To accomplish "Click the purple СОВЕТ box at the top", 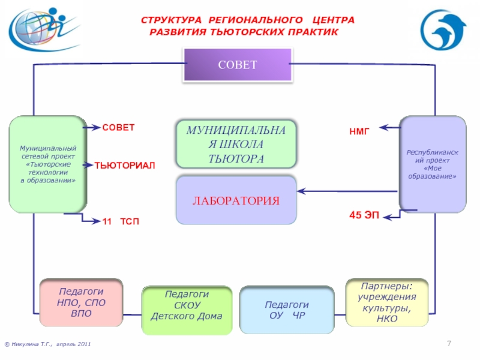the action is [238, 65].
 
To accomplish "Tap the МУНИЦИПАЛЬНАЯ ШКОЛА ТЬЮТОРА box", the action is [236, 144].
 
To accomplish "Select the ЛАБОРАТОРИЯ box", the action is [236, 200].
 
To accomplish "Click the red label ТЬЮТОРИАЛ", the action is [125, 166].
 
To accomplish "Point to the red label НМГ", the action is [359, 131].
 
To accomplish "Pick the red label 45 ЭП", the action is [364, 215].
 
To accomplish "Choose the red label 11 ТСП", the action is [121, 221].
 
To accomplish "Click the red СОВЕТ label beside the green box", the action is [118, 127].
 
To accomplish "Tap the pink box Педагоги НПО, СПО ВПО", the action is [81, 302].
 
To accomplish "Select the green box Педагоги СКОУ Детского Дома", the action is [187, 310].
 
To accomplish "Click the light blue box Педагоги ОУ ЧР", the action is [287, 310].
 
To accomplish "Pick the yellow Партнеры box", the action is [387, 302].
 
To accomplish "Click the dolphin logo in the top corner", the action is [443, 30].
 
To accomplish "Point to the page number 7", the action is [449, 343].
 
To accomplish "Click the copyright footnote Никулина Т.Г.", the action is [48, 344].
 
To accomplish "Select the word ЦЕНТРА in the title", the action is [334, 20].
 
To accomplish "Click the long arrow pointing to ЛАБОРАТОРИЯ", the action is [347, 191].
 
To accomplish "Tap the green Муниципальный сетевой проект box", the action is [48, 164].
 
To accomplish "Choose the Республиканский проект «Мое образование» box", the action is [433, 164].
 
